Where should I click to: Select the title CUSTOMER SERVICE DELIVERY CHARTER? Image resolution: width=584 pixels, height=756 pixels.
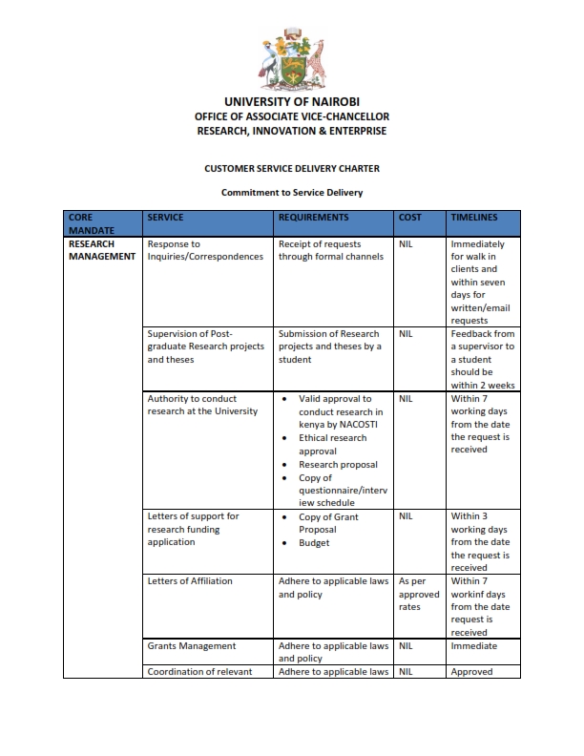click(292, 168)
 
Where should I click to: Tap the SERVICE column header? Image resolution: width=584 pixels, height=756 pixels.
click(166, 218)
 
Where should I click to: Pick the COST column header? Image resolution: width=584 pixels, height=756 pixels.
click(410, 218)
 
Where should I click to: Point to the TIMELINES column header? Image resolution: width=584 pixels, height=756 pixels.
click(474, 218)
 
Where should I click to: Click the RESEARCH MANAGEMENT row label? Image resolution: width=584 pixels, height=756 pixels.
click(102, 250)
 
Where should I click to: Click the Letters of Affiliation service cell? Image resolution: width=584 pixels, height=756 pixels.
click(190, 580)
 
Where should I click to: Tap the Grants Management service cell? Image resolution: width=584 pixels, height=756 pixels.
click(192, 645)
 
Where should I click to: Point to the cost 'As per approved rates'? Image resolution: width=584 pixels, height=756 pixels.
click(419, 594)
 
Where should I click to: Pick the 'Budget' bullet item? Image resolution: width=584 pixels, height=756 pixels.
click(314, 542)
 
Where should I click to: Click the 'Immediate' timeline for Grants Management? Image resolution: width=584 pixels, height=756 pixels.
click(474, 645)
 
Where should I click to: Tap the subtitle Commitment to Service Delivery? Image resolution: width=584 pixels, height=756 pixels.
click(292, 192)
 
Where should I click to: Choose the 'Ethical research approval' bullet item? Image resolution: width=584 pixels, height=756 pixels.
click(332, 444)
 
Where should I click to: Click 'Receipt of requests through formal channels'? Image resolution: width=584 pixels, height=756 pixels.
click(329, 250)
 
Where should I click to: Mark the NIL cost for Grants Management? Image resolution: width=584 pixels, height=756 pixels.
click(406, 645)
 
